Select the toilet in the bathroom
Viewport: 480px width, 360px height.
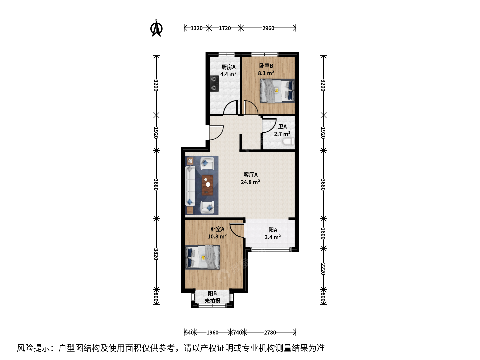tap(288, 141)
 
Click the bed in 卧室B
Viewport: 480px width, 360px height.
tap(277, 91)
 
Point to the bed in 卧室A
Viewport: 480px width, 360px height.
tap(203, 257)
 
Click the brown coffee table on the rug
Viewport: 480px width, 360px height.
tap(207, 185)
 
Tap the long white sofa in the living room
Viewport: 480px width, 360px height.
tap(190, 186)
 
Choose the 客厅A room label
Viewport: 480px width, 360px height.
tap(251, 175)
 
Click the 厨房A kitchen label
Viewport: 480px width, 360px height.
tap(229, 67)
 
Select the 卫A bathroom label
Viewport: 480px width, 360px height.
tap(282, 127)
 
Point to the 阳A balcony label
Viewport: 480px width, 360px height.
tap(273, 230)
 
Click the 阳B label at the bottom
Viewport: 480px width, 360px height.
tap(212, 293)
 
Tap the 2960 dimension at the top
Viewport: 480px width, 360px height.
tap(268, 28)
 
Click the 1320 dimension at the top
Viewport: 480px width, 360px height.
tap(196, 28)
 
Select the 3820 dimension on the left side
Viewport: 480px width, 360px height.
tap(156, 254)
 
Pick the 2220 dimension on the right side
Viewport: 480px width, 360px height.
tap(323, 269)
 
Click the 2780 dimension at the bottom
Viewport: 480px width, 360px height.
tap(270, 332)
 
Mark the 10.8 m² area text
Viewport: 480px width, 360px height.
tap(217, 236)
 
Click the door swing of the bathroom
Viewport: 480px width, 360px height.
tap(269, 126)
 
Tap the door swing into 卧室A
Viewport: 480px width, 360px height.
tap(237, 230)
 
